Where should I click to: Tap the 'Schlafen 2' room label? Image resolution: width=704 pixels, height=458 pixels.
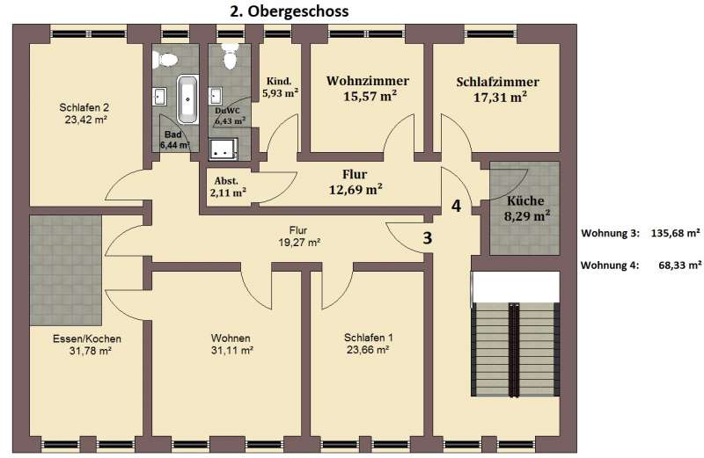pos(84,108)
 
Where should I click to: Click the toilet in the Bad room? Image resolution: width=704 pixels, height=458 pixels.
pos(165,59)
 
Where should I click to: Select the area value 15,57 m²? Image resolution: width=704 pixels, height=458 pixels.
pos(369,97)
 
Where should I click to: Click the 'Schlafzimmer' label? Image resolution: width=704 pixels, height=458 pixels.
pos(497,83)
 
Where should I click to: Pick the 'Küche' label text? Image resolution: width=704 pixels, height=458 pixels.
pos(524,200)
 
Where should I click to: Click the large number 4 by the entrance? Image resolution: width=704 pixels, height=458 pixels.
pos(456,207)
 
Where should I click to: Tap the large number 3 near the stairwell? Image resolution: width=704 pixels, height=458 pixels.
pos(428,237)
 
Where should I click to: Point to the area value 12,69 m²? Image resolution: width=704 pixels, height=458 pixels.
pos(355,189)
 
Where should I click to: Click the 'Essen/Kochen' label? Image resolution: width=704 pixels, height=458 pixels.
pos(85,338)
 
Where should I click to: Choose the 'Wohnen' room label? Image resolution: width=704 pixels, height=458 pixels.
pos(231,338)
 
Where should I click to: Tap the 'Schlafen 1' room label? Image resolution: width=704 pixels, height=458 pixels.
pos(368,338)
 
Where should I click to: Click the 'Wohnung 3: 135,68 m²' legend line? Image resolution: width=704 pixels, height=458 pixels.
pos(641,234)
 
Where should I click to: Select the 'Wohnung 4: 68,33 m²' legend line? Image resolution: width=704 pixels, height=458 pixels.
pos(641,264)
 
